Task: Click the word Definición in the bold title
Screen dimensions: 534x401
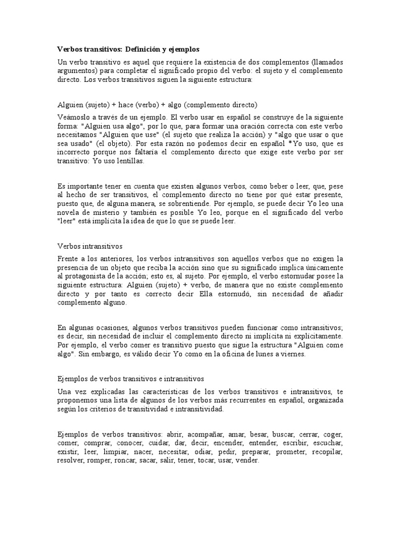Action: coord(140,49)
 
